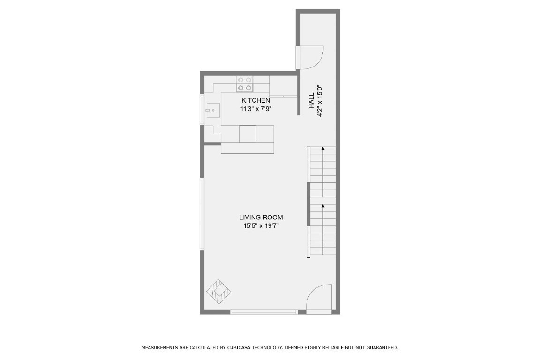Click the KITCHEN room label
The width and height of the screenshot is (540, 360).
pos(255,101)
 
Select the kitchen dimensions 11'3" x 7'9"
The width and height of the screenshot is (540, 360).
pos(255,109)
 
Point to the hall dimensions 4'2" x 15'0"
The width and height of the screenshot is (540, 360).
pos(320,101)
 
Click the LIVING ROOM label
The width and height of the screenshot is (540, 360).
pos(261,217)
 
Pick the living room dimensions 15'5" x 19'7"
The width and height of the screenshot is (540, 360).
pos(261,226)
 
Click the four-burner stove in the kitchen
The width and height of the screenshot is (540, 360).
pos(244,84)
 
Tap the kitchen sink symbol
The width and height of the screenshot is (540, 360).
pos(211,111)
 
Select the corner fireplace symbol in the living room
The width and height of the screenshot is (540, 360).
pos(219,292)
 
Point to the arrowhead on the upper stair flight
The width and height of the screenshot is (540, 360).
pos(323,149)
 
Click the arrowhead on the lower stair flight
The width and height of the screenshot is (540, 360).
pos(323,206)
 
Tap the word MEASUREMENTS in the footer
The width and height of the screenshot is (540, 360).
pos(160,348)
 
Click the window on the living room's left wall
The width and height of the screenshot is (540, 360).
pos(202,214)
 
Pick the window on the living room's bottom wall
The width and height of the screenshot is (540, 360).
pos(264,312)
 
